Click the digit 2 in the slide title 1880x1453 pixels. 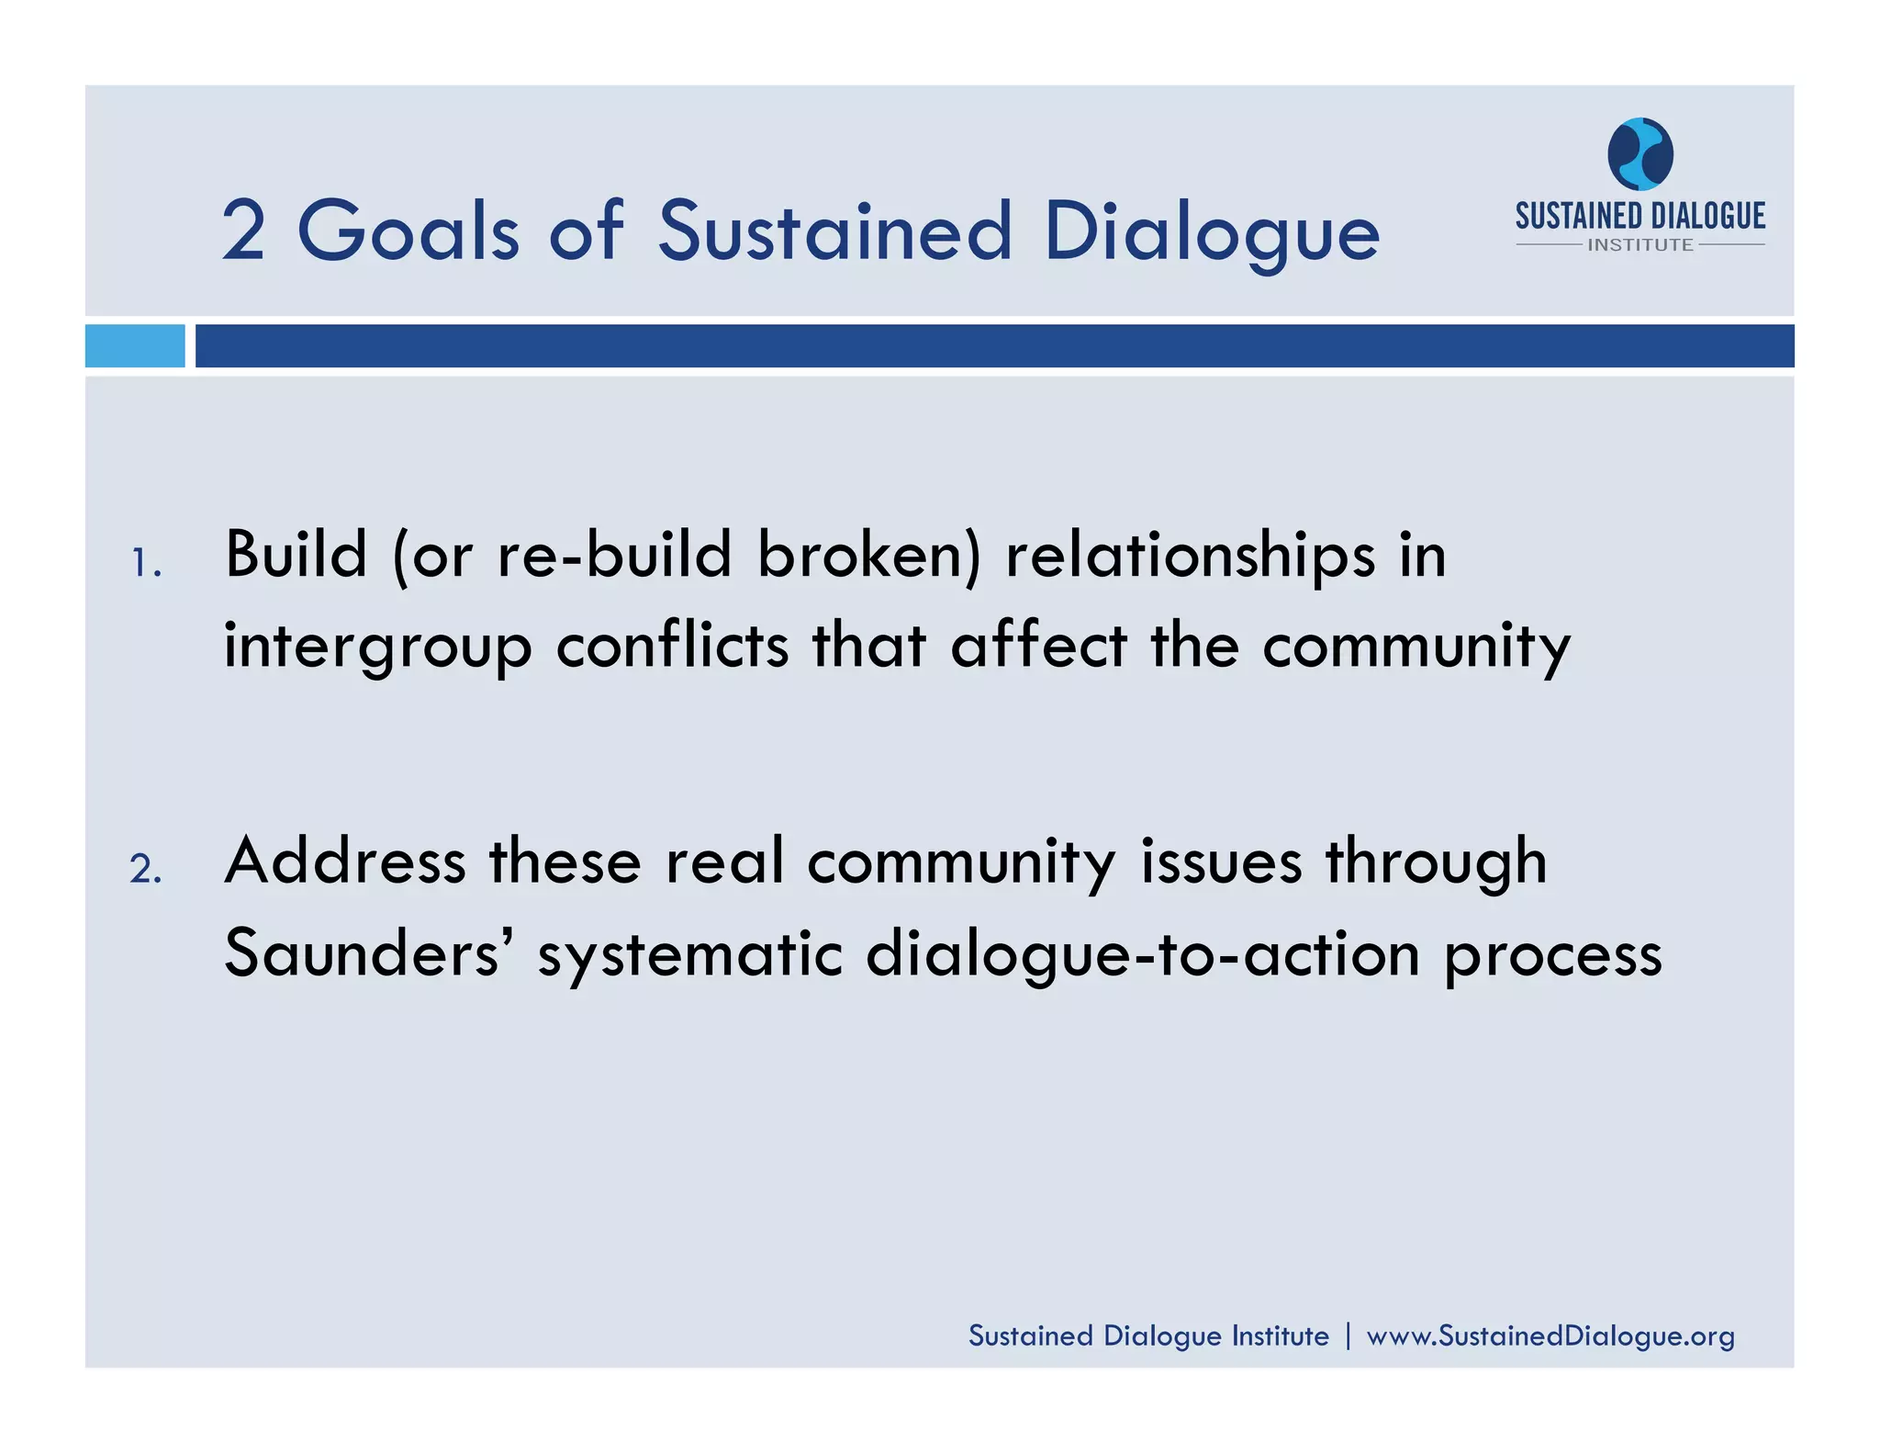click(x=243, y=231)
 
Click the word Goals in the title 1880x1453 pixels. click(x=408, y=231)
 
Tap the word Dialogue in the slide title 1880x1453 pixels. click(x=1212, y=231)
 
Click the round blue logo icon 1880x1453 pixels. click(x=1639, y=153)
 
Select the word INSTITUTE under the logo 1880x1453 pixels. click(x=1640, y=245)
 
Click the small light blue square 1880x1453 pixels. click(x=135, y=345)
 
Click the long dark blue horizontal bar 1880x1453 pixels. click(x=994, y=345)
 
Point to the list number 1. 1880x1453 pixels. click(x=144, y=563)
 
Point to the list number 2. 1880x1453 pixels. click(x=145, y=869)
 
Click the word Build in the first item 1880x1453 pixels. click(x=296, y=555)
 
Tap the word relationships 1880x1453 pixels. click(x=1191, y=555)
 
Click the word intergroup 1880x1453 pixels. click(x=377, y=646)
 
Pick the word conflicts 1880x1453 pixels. click(x=672, y=646)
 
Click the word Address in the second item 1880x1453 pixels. click(x=345, y=862)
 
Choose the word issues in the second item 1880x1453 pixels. click(x=1221, y=862)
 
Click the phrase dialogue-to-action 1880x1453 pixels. click(x=1144, y=953)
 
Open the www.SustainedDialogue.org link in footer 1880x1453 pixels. click(x=1550, y=1335)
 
